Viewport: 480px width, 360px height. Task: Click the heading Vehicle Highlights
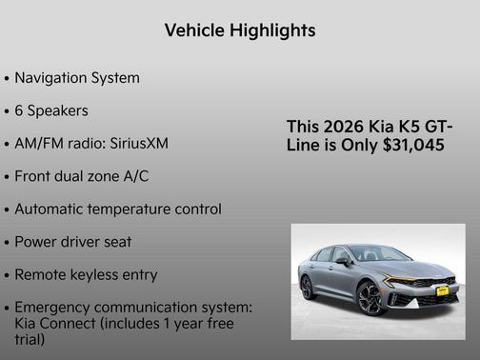(240, 30)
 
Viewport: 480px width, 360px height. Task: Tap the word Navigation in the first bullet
(53, 78)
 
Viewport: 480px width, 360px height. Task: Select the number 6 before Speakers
(20, 110)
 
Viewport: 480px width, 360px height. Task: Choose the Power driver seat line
(73, 242)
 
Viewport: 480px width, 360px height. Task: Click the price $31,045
(410, 145)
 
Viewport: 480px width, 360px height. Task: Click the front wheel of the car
(370, 297)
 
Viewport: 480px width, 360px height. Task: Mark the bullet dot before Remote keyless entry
(8, 275)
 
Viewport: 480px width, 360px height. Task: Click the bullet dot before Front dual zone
(8, 177)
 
